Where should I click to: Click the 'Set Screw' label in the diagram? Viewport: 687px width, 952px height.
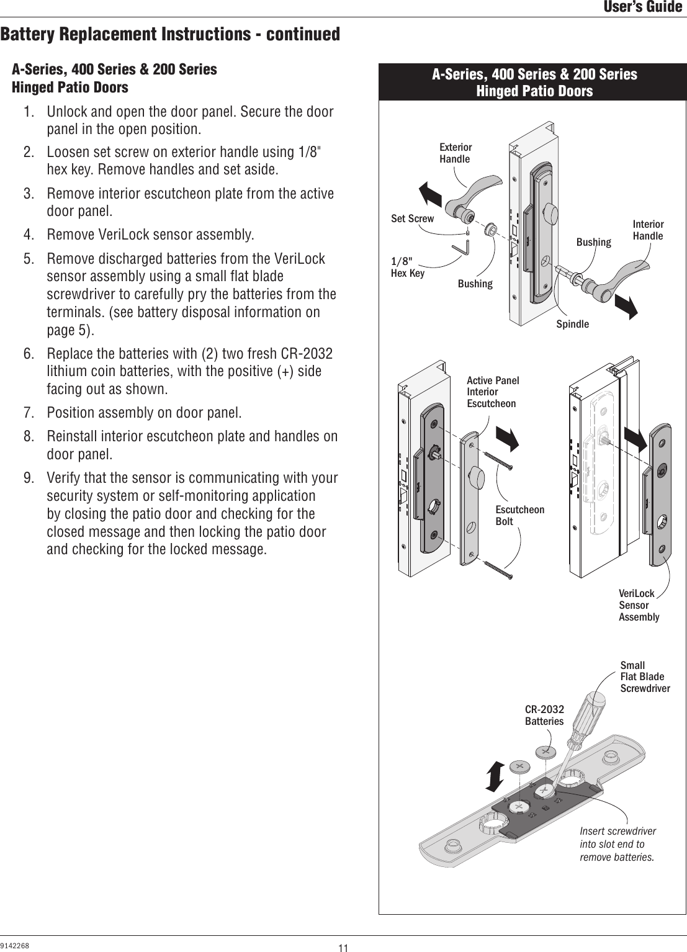click(x=412, y=218)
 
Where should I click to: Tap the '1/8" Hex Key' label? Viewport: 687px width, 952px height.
click(x=407, y=267)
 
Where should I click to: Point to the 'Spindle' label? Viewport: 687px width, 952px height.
click(x=572, y=324)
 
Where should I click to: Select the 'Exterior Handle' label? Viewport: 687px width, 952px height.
click(x=455, y=153)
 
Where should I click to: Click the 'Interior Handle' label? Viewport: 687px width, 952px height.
click(x=647, y=230)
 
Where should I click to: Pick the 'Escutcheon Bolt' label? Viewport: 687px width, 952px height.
click(x=519, y=515)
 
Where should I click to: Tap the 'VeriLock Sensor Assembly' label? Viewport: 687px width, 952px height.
click(x=639, y=605)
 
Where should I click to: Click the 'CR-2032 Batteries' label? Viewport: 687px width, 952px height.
click(x=544, y=715)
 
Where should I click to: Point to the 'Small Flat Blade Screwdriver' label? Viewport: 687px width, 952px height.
click(x=645, y=676)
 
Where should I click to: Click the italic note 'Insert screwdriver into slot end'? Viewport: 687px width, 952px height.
click(x=617, y=844)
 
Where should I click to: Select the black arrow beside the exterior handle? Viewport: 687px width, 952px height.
click(x=429, y=193)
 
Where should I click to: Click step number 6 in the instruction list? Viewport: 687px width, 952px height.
click(x=29, y=354)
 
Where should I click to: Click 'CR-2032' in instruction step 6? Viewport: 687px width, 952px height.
click(x=307, y=354)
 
